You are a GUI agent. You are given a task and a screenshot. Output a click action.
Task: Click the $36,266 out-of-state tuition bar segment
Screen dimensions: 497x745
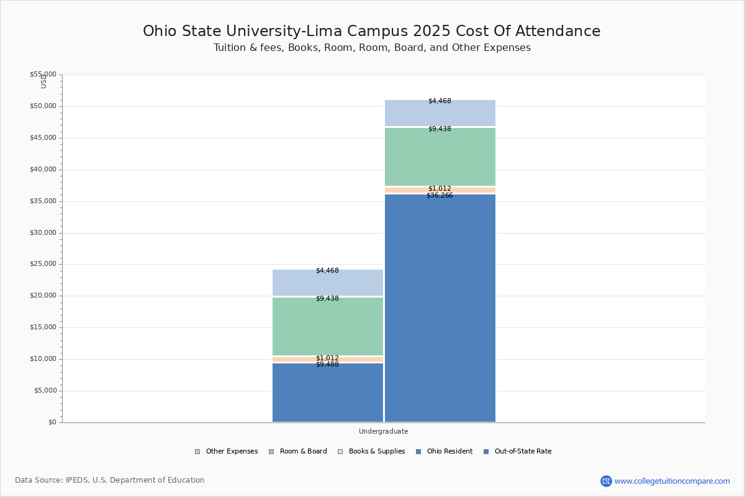(440, 308)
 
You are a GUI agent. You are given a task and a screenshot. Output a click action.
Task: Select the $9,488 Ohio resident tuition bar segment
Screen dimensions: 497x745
(328, 393)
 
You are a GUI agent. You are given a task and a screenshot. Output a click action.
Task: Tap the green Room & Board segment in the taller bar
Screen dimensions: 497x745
(440, 157)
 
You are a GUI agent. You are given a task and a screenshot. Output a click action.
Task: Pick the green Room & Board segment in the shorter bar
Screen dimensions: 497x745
(328, 326)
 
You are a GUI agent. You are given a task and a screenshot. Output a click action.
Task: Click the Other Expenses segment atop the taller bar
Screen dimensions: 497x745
(440, 113)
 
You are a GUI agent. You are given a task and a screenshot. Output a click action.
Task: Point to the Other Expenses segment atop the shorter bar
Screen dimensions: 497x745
(328, 283)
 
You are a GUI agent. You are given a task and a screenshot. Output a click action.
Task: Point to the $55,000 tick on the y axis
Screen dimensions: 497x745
(43, 75)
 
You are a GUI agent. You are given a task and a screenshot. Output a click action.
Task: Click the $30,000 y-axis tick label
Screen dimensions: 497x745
(43, 233)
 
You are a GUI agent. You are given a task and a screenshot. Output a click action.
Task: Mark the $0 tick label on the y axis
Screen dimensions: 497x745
(52, 422)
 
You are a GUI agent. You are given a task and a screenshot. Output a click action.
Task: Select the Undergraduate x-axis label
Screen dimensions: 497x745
(384, 431)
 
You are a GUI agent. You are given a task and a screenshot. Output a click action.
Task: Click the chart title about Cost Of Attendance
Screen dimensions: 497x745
(372, 31)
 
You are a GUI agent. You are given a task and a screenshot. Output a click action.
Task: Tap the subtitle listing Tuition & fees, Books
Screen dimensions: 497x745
(372, 48)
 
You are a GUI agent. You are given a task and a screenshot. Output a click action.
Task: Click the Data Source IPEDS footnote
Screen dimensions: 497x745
(110, 480)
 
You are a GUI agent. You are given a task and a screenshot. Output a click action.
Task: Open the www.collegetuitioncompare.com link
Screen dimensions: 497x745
(672, 481)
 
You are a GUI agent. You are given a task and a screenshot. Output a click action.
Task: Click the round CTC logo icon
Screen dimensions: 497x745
(606, 481)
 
